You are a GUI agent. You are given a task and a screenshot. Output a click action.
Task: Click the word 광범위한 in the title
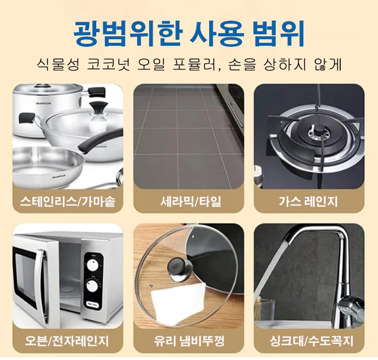(127, 34)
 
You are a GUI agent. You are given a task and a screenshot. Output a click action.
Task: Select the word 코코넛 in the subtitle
(108, 64)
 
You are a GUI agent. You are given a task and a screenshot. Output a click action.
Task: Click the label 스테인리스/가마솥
(68, 201)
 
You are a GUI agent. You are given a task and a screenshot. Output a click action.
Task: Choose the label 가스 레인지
(308, 201)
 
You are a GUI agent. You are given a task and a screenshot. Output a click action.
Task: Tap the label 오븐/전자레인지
(67, 341)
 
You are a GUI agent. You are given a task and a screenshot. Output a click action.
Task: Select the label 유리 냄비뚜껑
(189, 341)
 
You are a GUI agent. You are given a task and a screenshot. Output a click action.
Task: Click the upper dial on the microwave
(93, 265)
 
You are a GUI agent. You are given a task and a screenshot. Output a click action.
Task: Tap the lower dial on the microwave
(92, 286)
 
